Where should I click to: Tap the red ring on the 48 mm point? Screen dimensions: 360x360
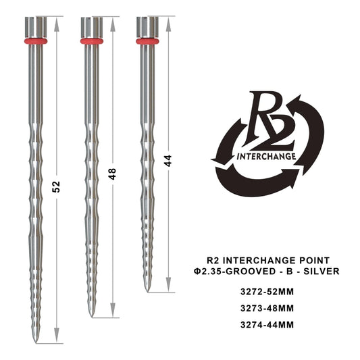91,41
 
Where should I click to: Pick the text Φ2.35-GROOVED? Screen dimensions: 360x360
241,272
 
